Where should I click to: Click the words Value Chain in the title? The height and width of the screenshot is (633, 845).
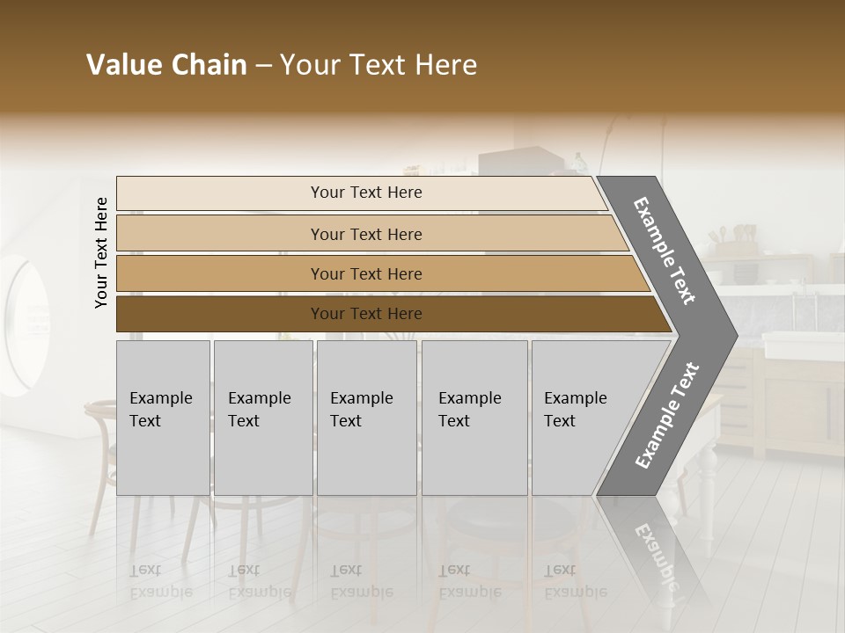click(x=166, y=65)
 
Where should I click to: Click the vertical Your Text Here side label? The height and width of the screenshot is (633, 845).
click(x=101, y=252)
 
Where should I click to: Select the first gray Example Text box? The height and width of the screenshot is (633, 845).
click(x=163, y=418)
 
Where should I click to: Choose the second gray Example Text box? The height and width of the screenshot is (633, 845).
click(x=262, y=418)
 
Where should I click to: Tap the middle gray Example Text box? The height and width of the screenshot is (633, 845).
click(x=366, y=418)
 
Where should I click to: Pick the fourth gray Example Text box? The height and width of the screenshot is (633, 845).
click(x=474, y=418)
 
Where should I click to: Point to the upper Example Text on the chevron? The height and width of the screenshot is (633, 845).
click(x=665, y=251)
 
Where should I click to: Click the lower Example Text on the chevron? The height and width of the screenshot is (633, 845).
click(x=666, y=415)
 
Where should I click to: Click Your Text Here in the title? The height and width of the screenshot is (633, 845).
click(x=378, y=65)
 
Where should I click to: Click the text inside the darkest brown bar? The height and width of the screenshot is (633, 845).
click(x=366, y=314)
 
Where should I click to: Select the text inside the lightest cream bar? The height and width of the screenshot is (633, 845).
click(x=366, y=193)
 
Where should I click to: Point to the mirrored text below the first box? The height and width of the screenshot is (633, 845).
click(x=160, y=581)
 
